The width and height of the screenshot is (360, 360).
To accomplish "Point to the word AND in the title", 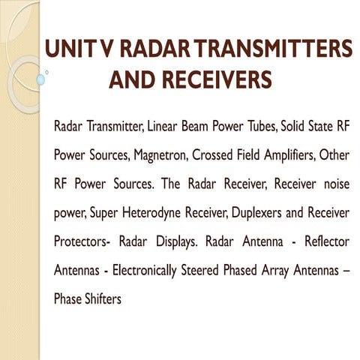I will (x=133, y=79).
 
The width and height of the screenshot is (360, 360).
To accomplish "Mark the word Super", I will (x=105, y=214).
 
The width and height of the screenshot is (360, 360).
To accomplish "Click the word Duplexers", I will (x=251, y=214).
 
